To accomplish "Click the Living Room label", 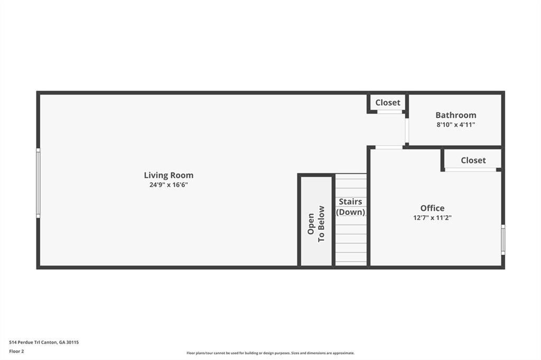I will coord(169,175).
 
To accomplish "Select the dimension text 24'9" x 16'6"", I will coord(169,185).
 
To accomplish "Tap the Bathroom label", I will coord(455,115).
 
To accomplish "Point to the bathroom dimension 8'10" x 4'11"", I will coord(455,125).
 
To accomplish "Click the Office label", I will coord(432,208).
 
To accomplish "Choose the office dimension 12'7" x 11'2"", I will coord(432,217).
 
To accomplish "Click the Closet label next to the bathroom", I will coord(388,102).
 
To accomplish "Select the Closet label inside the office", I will coord(473,160).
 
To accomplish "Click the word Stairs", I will coord(350,202).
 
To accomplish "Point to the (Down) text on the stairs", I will coord(350,212).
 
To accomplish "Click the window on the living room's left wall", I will coord(38,183).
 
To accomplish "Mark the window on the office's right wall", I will coord(503,240).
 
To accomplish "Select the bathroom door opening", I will coord(406,130).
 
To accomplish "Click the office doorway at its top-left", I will coord(388,147).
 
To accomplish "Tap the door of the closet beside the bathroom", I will coord(389,112).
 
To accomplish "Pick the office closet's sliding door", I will coord(470,169).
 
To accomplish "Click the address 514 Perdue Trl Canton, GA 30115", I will coord(44,342).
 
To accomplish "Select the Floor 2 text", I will coord(16,351).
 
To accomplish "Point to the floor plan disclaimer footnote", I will coord(270,353).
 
